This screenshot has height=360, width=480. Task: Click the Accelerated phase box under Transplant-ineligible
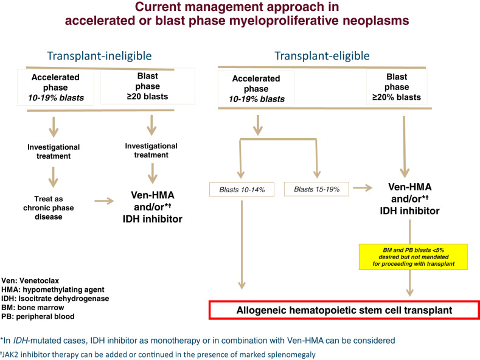pyautogui.click(x=55, y=87)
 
